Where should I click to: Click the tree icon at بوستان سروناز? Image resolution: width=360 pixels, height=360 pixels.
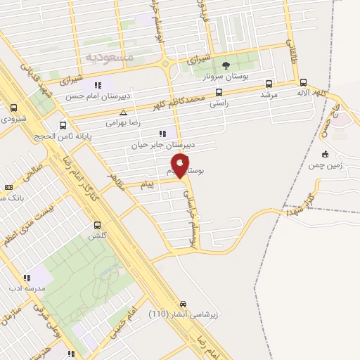click(x=226, y=65)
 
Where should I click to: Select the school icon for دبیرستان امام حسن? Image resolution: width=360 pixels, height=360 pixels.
click(x=107, y=86)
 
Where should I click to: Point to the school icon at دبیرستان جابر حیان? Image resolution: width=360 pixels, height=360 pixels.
click(x=163, y=133)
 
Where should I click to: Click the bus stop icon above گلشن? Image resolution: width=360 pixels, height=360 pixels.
click(x=97, y=225)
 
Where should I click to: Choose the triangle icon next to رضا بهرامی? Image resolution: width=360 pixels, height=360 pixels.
click(x=124, y=112)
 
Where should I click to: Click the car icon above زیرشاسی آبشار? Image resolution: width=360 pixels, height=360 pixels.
click(x=184, y=297)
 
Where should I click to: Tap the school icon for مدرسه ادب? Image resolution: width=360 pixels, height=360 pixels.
click(x=27, y=277)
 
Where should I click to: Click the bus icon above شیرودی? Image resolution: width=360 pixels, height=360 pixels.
click(x=14, y=108)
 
